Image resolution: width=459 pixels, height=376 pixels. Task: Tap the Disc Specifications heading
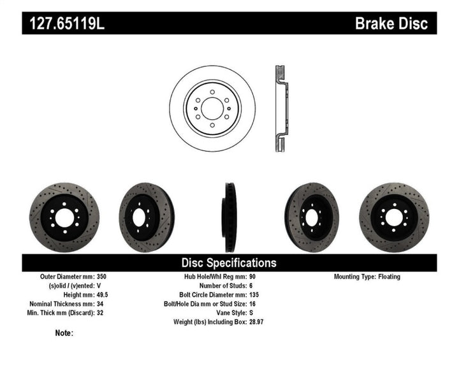tap(229, 263)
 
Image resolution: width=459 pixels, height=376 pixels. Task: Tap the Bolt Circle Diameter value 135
tap(253, 295)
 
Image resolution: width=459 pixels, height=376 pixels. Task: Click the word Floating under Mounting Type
tap(407, 277)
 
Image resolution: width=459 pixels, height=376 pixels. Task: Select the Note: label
tap(64, 333)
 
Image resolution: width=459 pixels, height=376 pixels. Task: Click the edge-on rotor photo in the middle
tap(229, 217)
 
